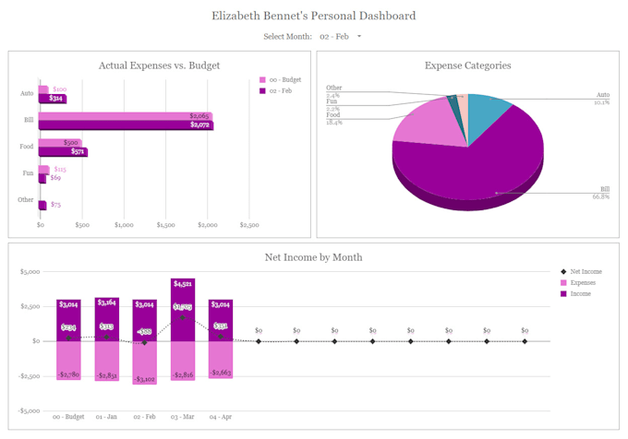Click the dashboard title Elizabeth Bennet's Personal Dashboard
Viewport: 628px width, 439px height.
[313, 16]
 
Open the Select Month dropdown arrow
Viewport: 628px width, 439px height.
[359, 36]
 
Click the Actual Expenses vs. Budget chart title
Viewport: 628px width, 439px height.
[159, 65]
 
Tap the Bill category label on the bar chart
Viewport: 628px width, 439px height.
[29, 120]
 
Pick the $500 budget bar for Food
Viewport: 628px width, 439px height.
[59, 143]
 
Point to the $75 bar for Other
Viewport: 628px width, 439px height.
[42, 204]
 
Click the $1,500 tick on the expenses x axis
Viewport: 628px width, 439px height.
[165, 224]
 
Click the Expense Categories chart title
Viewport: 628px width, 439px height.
[467, 65]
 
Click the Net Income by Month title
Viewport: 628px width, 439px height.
[313, 257]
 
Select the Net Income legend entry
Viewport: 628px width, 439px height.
[586, 271]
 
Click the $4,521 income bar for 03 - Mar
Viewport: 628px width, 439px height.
[183, 309]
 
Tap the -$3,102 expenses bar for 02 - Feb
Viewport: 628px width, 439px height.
[145, 362]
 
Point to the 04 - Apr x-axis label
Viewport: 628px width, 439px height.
[221, 417]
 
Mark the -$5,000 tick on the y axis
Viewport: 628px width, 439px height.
[30, 410]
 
